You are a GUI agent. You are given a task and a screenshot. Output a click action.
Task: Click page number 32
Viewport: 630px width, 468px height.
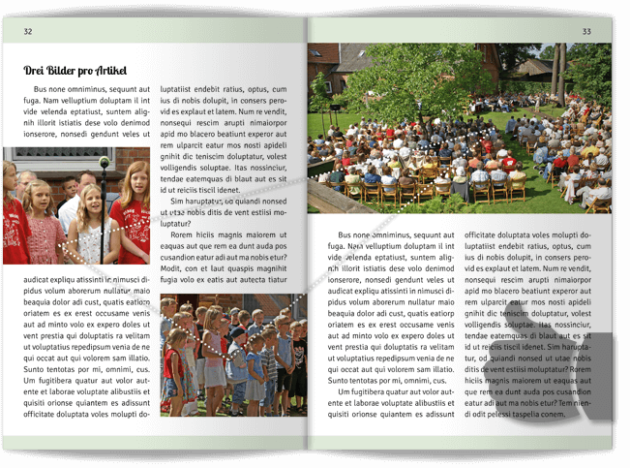28,32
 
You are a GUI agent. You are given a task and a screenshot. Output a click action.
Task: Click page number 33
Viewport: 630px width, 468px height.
586,32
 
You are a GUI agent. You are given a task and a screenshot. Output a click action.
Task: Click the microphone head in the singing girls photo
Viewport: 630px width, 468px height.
105,163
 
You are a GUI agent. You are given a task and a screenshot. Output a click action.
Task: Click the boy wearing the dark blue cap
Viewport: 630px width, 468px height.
237,339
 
